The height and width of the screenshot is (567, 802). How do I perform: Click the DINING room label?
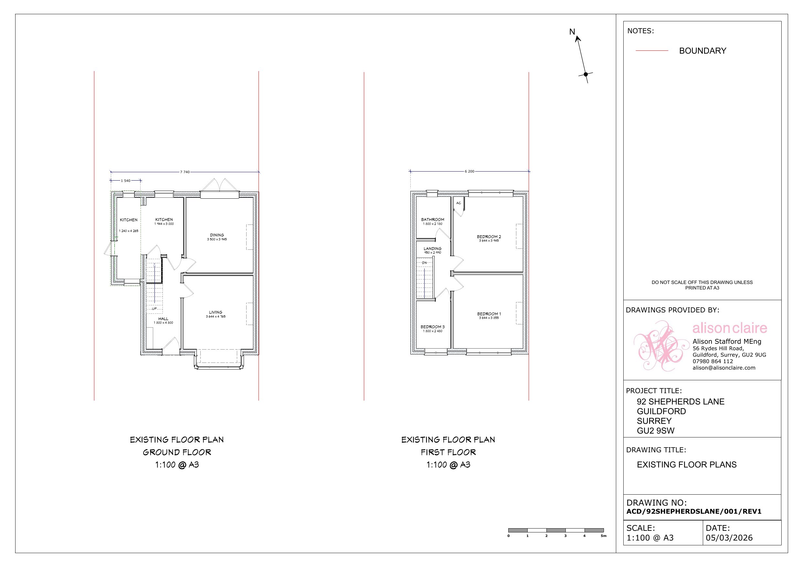pos(217,235)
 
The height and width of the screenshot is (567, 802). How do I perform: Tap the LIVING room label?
pos(216,312)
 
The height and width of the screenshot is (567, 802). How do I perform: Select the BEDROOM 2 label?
pos(489,236)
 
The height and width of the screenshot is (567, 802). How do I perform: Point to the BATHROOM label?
pos(432,220)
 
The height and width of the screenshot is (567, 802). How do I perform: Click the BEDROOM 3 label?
pos(432,327)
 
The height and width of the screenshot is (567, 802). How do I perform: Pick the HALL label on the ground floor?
pos(163,319)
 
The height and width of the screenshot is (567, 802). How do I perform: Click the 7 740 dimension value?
pos(185,172)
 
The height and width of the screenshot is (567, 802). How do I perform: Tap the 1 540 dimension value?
pos(126,181)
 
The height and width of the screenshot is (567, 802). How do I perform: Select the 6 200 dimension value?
pos(470,172)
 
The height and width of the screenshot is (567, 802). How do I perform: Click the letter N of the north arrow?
pos(572,32)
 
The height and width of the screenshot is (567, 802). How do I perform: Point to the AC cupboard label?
pos(459,203)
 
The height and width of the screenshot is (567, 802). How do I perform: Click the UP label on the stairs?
pos(154,309)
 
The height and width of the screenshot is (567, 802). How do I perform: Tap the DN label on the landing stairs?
pos(424,263)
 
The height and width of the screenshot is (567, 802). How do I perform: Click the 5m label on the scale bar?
pos(604,536)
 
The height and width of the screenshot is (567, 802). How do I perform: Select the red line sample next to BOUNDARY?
pos(652,51)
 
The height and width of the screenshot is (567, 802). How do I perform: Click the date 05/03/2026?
pos(729,538)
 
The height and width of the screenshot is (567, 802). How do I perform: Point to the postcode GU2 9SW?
pos(656,431)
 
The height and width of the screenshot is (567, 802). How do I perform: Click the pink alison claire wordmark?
pos(730,328)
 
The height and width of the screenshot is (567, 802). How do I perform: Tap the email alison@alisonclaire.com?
pos(724,368)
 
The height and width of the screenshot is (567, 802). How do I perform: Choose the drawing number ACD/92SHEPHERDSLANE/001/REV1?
pos(694,511)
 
